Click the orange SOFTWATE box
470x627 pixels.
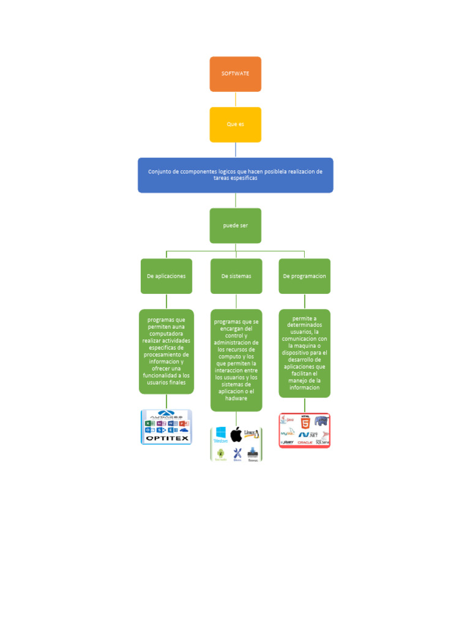(235, 74)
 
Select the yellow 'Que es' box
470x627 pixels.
(235, 124)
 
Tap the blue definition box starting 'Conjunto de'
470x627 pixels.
(235, 175)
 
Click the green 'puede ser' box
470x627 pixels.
(235, 225)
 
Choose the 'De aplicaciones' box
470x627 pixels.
(166, 276)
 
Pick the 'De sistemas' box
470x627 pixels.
(236, 276)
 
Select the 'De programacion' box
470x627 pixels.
(304, 276)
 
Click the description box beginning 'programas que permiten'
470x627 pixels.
(166, 351)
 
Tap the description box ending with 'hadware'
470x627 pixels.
(236, 360)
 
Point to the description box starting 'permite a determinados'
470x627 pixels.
(304, 353)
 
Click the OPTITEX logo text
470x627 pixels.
(166, 438)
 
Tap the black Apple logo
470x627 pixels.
(236, 435)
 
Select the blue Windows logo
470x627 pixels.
(220, 434)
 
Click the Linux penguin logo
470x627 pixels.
(252, 434)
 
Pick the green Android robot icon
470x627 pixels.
(220, 454)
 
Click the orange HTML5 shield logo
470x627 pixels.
(305, 421)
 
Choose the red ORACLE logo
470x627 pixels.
(305, 442)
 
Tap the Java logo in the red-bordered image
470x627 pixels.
(288, 421)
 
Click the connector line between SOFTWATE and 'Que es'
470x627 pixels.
(235, 100)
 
